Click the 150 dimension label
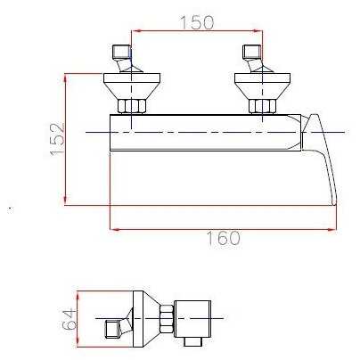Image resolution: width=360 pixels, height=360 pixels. [x=197, y=22]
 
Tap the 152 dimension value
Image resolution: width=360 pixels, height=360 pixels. [x=57, y=139]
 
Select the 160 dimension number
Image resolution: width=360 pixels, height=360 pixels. [x=223, y=238]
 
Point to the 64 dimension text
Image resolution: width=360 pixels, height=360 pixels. [x=70, y=319]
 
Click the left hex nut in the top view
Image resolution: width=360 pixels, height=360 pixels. [x=132, y=106]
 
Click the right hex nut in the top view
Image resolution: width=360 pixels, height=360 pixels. [x=263, y=106]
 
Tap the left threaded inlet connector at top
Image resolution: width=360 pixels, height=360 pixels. [x=121, y=52]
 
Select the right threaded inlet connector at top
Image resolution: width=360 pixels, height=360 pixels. [x=252, y=52]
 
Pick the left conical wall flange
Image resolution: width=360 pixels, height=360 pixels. [x=132, y=86]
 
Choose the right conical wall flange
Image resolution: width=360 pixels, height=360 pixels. [x=263, y=86]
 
